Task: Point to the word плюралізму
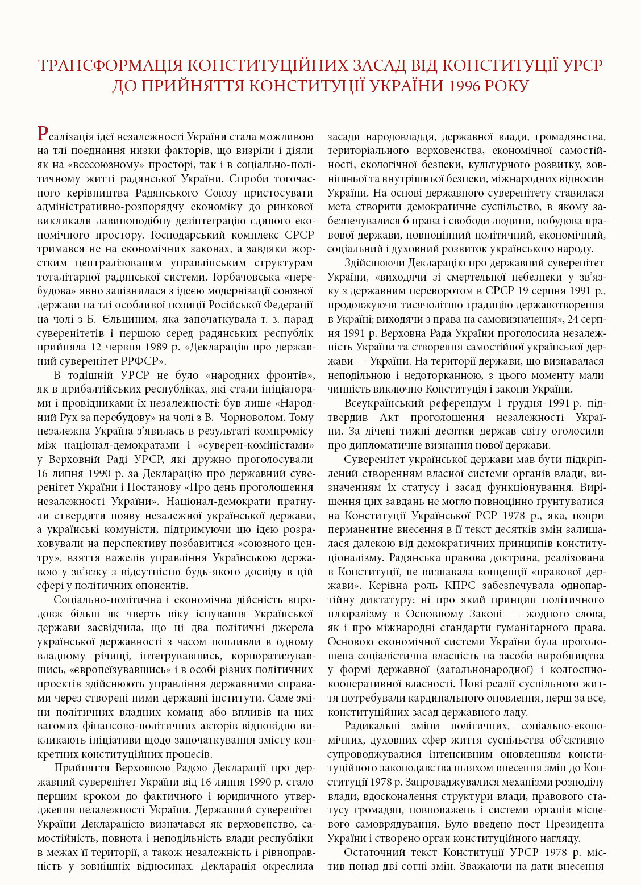point(353,613)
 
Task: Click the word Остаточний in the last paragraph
point(373,852)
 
